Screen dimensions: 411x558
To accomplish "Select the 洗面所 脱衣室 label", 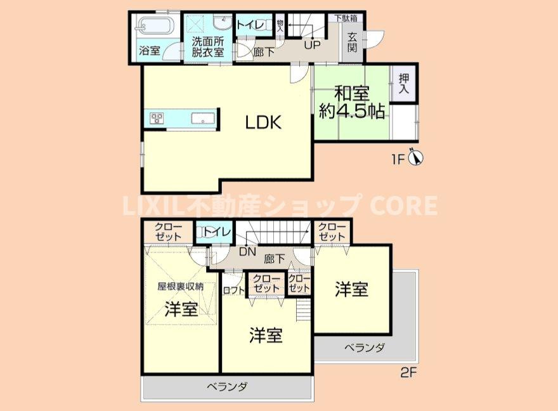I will [208, 48].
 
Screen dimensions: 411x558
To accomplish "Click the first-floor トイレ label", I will [250, 25].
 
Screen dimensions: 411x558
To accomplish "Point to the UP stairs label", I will [312, 45].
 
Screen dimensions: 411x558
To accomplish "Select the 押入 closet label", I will [404, 84].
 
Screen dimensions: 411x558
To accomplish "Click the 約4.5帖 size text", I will [351, 112].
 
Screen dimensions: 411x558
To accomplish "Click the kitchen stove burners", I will [157, 117].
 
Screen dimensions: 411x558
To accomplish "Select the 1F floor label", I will [397, 159].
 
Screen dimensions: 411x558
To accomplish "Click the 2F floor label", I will [408, 372].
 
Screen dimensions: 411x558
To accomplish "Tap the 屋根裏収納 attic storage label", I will [181, 286].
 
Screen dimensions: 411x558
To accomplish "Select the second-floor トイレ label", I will [215, 232].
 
